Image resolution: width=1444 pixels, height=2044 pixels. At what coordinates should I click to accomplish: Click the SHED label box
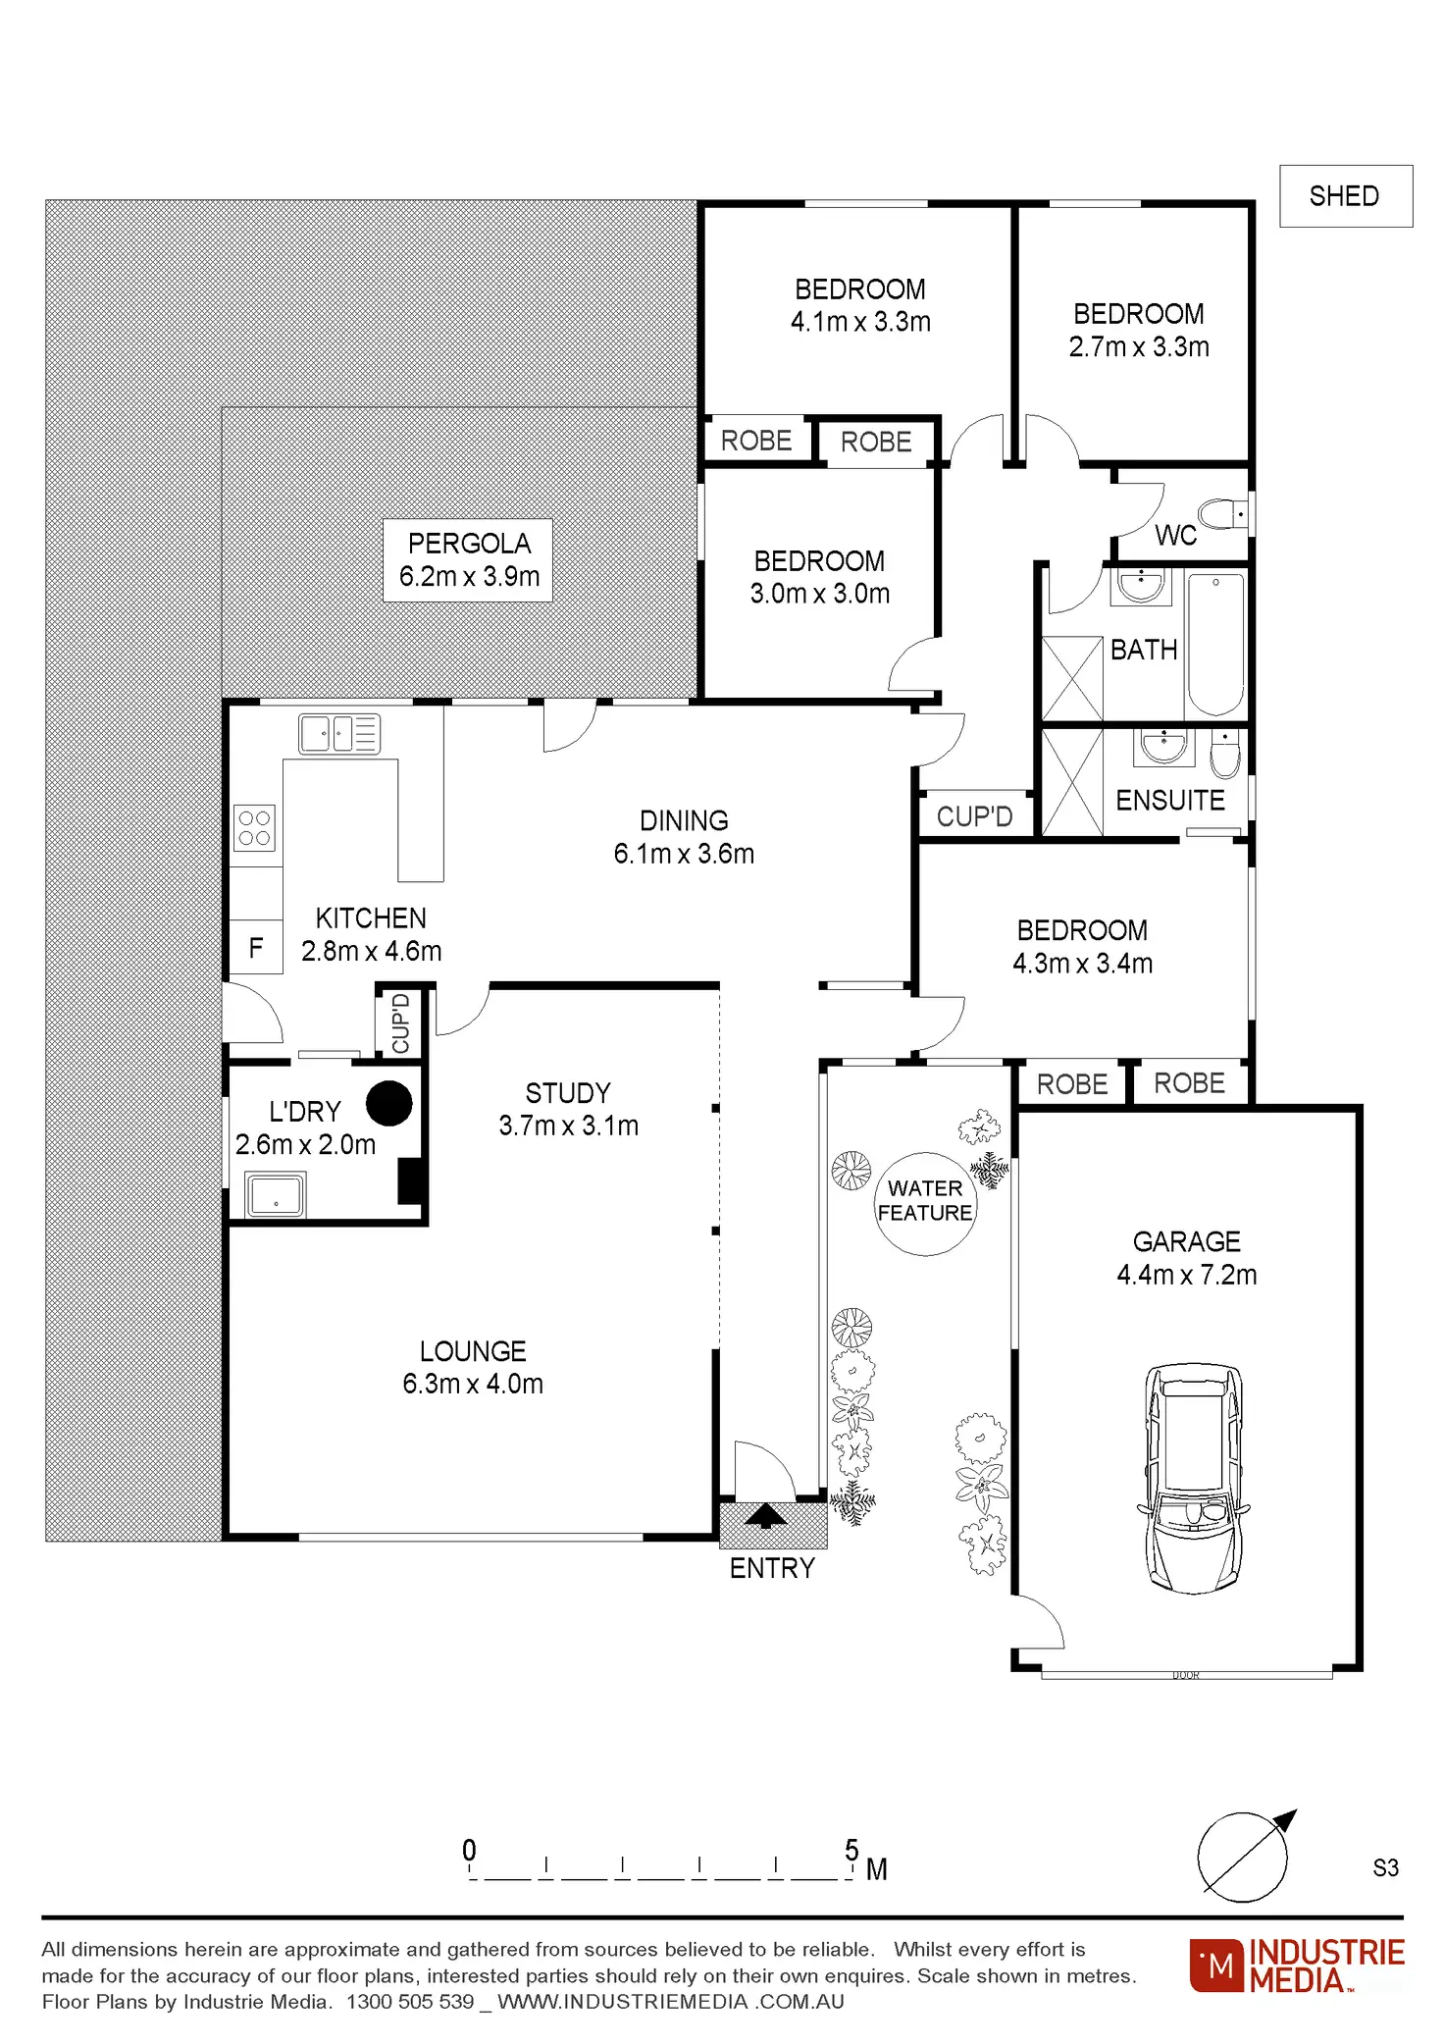[x=1345, y=196]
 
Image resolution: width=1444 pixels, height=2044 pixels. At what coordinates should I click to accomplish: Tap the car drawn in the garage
[x=1193, y=1477]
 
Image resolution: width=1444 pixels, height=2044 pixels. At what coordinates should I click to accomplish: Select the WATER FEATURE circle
[x=925, y=1203]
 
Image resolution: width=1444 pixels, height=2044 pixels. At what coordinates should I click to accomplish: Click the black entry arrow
[x=765, y=1517]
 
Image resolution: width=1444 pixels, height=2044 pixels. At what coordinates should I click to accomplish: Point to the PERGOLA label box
[x=468, y=560]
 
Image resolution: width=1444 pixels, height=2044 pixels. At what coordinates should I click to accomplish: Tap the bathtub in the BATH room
[x=1215, y=644]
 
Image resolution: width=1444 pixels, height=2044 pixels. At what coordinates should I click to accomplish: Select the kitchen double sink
[x=339, y=733]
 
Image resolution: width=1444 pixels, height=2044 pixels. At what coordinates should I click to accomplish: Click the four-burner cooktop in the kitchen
[x=254, y=827]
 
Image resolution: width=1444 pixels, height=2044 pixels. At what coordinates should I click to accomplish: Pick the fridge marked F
[x=256, y=948]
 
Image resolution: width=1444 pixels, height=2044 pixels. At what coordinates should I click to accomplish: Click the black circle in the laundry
[x=389, y=1103]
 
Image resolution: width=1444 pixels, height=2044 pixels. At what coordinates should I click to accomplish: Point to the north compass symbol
[x=1245, y=1857]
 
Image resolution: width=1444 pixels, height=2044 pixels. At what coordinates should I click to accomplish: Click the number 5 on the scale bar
[x=851, y=1850]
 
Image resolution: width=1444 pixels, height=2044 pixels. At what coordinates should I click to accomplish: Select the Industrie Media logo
[x=1297, y=1965]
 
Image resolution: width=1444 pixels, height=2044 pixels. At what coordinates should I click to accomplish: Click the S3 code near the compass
[x=1385, y=1867]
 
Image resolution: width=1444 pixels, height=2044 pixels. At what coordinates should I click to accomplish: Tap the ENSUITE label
[x=1170, y=801]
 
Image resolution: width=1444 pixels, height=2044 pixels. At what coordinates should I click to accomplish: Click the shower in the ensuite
[x=1072, y=782]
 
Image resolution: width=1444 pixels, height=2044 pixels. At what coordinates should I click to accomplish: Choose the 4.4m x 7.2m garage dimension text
[x=1186, y=1275]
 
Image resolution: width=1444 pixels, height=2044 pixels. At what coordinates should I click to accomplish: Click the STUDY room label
[x=568, y=1093]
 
